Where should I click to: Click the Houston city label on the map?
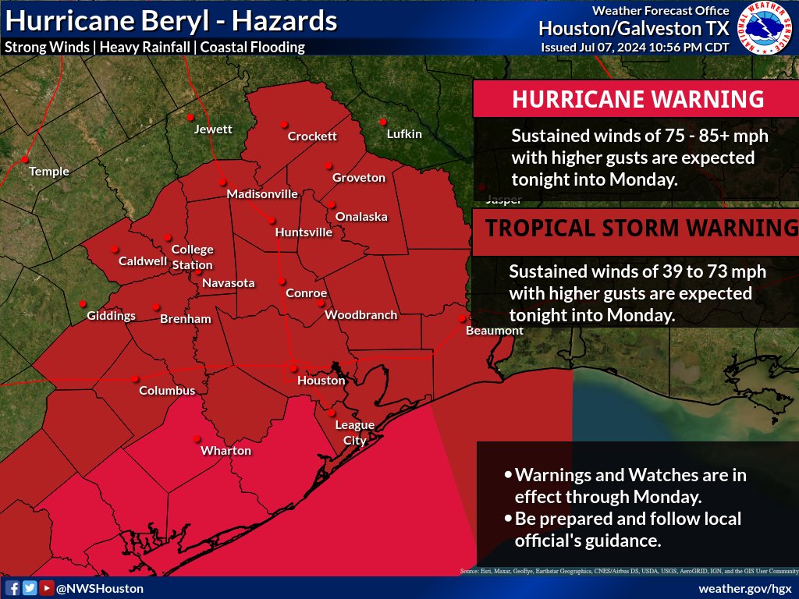tap(321, 381)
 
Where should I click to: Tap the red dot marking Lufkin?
tap(383, 122)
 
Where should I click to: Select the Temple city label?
tap(49, 172)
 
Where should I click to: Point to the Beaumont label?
tap(494, 331)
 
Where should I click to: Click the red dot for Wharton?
tap(197, 438)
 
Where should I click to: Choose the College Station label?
tap(192, 257)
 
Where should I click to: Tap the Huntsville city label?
tap(304, 232)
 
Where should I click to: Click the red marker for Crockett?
tap(284, 124)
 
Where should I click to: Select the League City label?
tap(354, 433)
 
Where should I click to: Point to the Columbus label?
tap(167, 391)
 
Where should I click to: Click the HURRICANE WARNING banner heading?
tap(637, 99)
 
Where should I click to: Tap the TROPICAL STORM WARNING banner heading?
tap(637, 229)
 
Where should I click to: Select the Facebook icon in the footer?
tap(12, 588)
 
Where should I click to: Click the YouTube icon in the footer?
tap(46, 588)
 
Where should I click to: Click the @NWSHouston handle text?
tap(99, 588)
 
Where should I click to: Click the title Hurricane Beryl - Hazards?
tap(171, 20)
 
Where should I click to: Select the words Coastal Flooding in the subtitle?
tap(252, 47)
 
